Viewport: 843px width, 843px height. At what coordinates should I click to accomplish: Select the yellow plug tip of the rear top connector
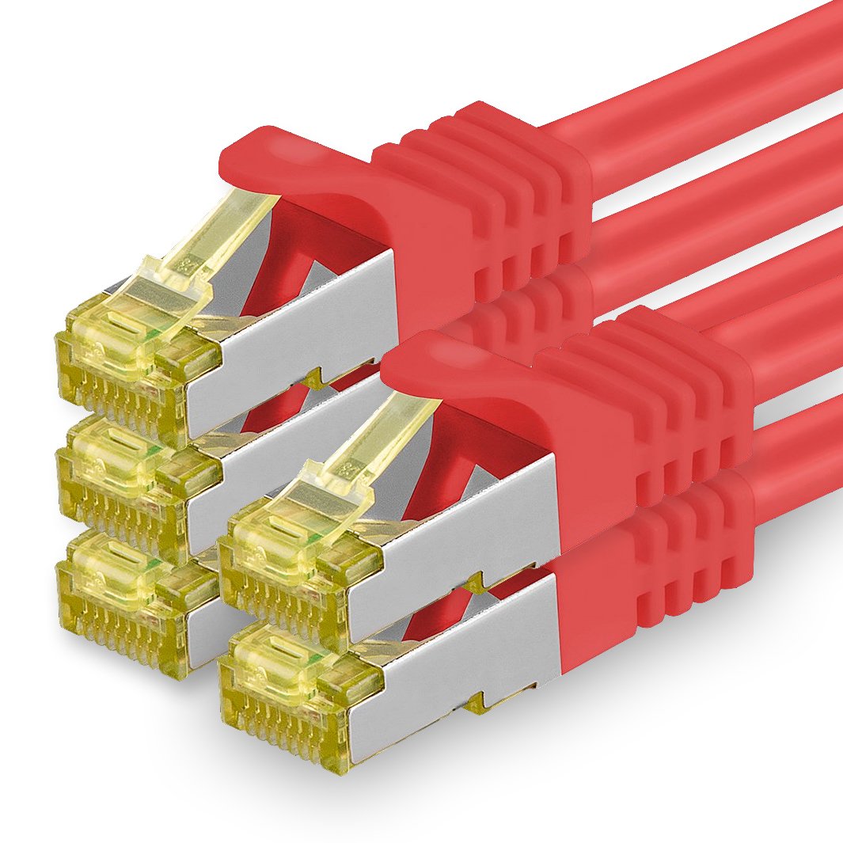(119, 372)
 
